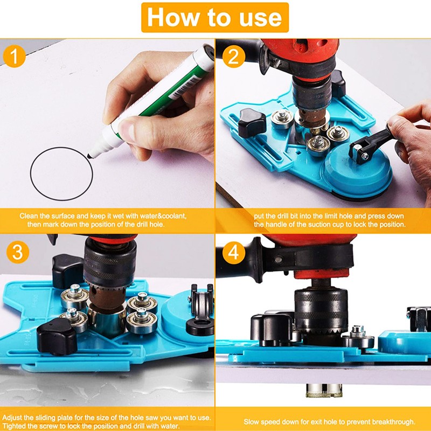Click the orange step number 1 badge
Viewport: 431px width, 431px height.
15,57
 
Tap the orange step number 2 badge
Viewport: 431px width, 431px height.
233,57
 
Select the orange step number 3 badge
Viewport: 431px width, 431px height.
18,252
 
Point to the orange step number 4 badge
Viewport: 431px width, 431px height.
234,252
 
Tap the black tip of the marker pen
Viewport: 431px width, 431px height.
90,156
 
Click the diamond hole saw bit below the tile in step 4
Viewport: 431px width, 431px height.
324,390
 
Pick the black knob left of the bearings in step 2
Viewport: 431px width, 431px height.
252,122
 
